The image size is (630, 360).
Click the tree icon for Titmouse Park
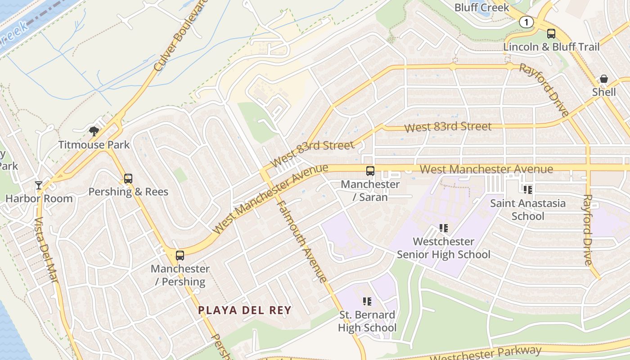pyautogui.click(x=94, y=131)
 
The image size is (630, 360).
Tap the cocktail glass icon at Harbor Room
pyautogui.click(x=39, y=185)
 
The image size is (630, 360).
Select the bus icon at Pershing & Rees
pyautogui.click(x=128, y=179)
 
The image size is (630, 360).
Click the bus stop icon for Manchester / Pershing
pyautogui.click(x=180, y=256)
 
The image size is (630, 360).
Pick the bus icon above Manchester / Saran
pyautogui.click(x=370, y=171)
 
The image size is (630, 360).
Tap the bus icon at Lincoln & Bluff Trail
pyautogui.click(x=551, y=34)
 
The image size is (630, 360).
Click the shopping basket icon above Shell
pyautogui.click(x=604, y=79)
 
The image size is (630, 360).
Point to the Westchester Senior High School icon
pyautogui.click(x=444, y=229)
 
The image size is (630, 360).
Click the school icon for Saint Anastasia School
pyautogui.click(x=528, y=190)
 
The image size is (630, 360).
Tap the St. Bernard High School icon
pyautogui.click(x=367, y=301)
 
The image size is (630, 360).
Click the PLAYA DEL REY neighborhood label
pyautogui.click(x=245, y=310)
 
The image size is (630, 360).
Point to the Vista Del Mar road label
pyautogui.click(x=46, y=250)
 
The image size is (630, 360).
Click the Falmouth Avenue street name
pyautogui.click(x=302, y=241)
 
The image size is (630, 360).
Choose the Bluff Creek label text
pyautogui.click(x=481, y=8)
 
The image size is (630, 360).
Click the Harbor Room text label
pyautogui.click(x=39, y=198)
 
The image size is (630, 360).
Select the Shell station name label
pyautogui.click(x=604, y=92)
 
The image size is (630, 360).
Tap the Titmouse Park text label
pyautogui.click(x=94, y=145)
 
